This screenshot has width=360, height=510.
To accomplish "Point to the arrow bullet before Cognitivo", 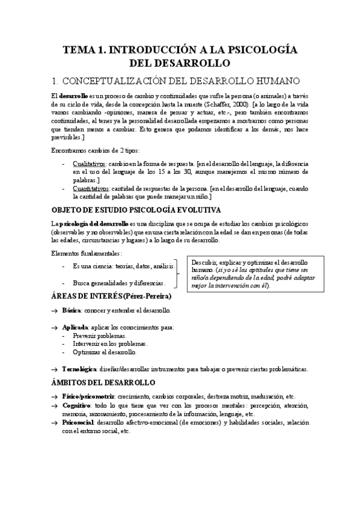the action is point(54,406).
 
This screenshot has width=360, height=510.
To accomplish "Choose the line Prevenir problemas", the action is point(99,336).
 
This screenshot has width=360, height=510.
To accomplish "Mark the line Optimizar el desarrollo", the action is point(104,352).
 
